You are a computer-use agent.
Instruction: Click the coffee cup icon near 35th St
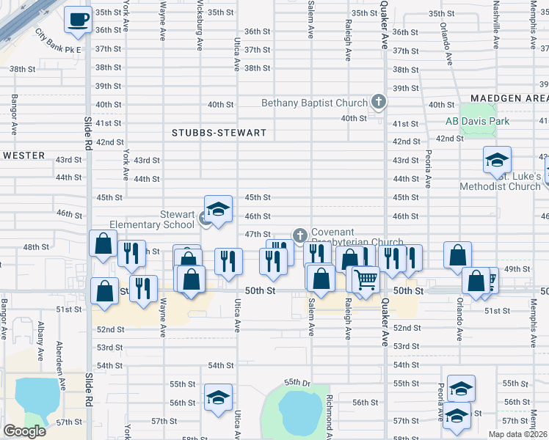tap(77, 21)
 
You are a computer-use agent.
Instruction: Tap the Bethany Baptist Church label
tap(314, 103)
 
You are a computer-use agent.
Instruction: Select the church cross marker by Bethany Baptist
tap(379, 101)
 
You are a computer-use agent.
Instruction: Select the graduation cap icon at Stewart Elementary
tap(218, 210)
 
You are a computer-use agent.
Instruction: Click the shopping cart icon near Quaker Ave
tap(365, 279)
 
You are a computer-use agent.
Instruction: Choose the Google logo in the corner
tap(24, 431)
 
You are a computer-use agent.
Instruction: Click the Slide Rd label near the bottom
tap(88, 389)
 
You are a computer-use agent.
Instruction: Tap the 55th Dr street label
tap(299, 382)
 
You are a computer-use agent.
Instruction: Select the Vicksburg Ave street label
tap(200, 26)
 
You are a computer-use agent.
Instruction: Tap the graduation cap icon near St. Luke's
tap(497, 161)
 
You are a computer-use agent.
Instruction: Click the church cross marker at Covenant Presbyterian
tap(299, 235)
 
